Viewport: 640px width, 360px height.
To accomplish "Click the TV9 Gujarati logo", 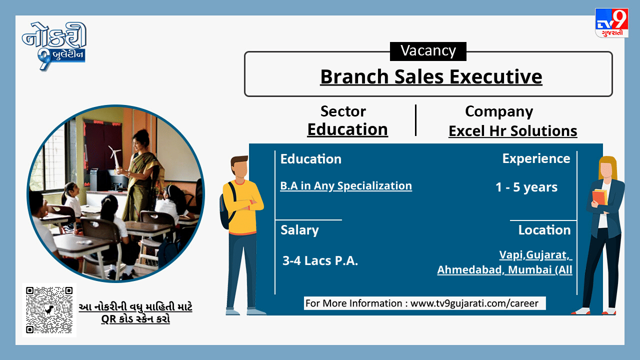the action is click(x=611, y=23).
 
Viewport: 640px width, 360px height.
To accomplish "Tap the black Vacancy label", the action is click(x=428, y=51).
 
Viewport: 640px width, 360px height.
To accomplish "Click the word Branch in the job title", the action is click(x=354, y=76).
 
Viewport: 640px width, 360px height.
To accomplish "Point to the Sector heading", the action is click(x=343, y=111).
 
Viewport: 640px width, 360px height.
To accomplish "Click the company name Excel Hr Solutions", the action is click(x=513, y=131).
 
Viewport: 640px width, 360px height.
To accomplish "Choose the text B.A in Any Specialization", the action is click(x=346, y=186).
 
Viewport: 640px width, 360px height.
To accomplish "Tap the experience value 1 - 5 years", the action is click(x=526, y=187).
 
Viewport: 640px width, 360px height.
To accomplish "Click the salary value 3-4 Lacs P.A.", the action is click(x=320, y=260).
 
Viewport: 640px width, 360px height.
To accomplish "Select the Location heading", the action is click(x=544, y=230).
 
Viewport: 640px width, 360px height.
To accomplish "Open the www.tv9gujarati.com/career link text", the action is click(x=474, y=303).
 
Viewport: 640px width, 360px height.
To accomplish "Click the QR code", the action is click(x=49, y=310).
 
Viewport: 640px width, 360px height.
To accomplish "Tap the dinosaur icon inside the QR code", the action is click(x=49, y=309).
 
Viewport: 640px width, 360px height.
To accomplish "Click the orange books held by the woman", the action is click(x=600, y=197).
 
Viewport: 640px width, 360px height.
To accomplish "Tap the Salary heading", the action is click(x=299, y=230).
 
